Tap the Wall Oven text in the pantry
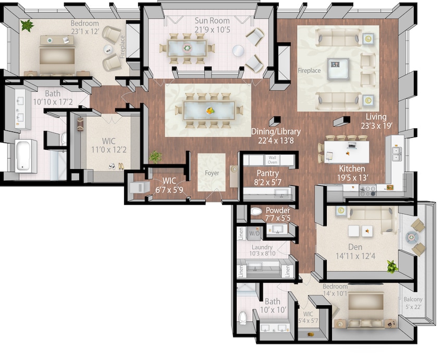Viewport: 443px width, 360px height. click(272, 159)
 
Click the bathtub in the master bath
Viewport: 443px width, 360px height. click(24, 155)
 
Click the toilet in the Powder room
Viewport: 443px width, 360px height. click(256, 212)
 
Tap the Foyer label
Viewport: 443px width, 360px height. click(212, 173)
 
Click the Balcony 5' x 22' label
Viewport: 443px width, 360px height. click(413, 303)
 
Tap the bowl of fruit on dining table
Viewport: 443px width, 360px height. click(210, 111)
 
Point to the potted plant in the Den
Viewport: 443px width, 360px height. click(392, 267)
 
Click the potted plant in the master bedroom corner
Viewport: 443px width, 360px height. click(27, 25)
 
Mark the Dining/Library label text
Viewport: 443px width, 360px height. click(275, 132)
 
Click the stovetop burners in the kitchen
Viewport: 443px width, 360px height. click(367, 191)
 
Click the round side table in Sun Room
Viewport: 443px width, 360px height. click(238, 51)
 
